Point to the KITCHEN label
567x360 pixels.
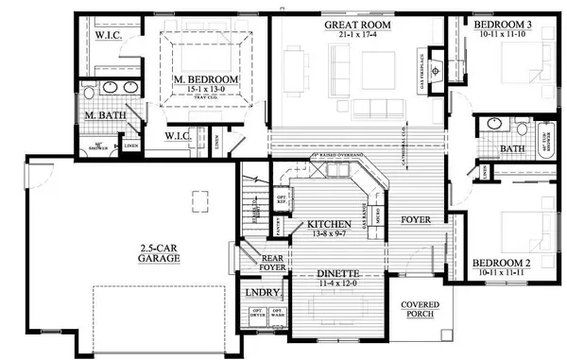[324, 225]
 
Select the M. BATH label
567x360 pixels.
[101, 115]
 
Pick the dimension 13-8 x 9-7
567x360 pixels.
[324, 235]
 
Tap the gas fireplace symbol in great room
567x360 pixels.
[436, 70]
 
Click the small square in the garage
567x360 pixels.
[198, 196]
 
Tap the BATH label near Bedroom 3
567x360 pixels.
[511, 148]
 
